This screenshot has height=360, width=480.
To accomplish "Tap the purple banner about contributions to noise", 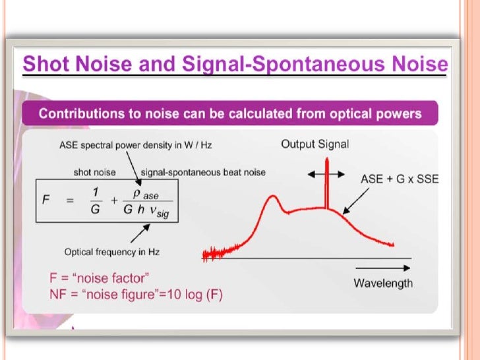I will (x=230, y=113).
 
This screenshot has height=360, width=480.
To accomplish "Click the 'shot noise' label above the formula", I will (x=94, y=172).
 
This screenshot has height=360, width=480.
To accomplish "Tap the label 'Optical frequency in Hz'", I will (x=111, y=252).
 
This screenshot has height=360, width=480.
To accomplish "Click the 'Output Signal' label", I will (x=315, y=144).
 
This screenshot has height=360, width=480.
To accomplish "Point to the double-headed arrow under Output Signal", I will (x=326, y=174).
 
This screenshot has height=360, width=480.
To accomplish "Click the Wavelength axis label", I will (x=383, y=284).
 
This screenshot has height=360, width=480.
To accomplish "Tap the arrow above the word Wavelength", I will (x=383, y=268).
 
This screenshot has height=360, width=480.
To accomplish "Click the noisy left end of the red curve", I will (x=218, y=253).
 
